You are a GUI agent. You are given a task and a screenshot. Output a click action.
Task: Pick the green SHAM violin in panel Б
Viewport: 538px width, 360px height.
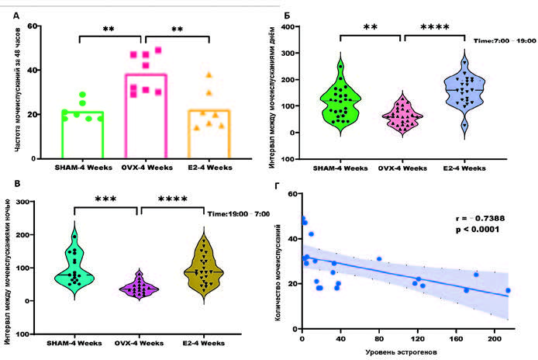click(338, 97)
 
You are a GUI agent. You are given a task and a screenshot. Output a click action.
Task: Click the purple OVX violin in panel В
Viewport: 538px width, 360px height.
click(139, 288)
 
